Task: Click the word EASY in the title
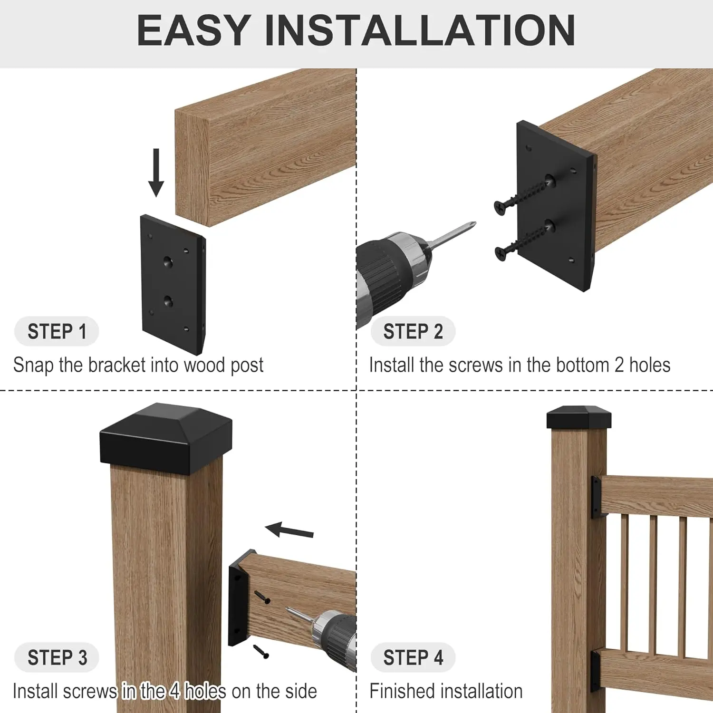coord(194,30)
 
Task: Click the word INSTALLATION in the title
coord(420,30)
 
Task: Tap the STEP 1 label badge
coord(57,331)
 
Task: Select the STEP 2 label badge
coord(413,331)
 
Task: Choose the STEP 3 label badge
coord(57,657)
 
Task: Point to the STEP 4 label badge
coord(413,657)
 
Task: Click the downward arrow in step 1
coord(156,172)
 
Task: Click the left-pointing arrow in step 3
coord(289,530)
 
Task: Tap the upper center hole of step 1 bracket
coord(168,261)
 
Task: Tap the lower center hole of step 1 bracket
coord(168,300)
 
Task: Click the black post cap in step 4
coord(579,417)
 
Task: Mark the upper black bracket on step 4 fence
coord(596,498)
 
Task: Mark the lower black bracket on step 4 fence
coord(596,671)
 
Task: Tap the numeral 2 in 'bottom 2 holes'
coord(619,365)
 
